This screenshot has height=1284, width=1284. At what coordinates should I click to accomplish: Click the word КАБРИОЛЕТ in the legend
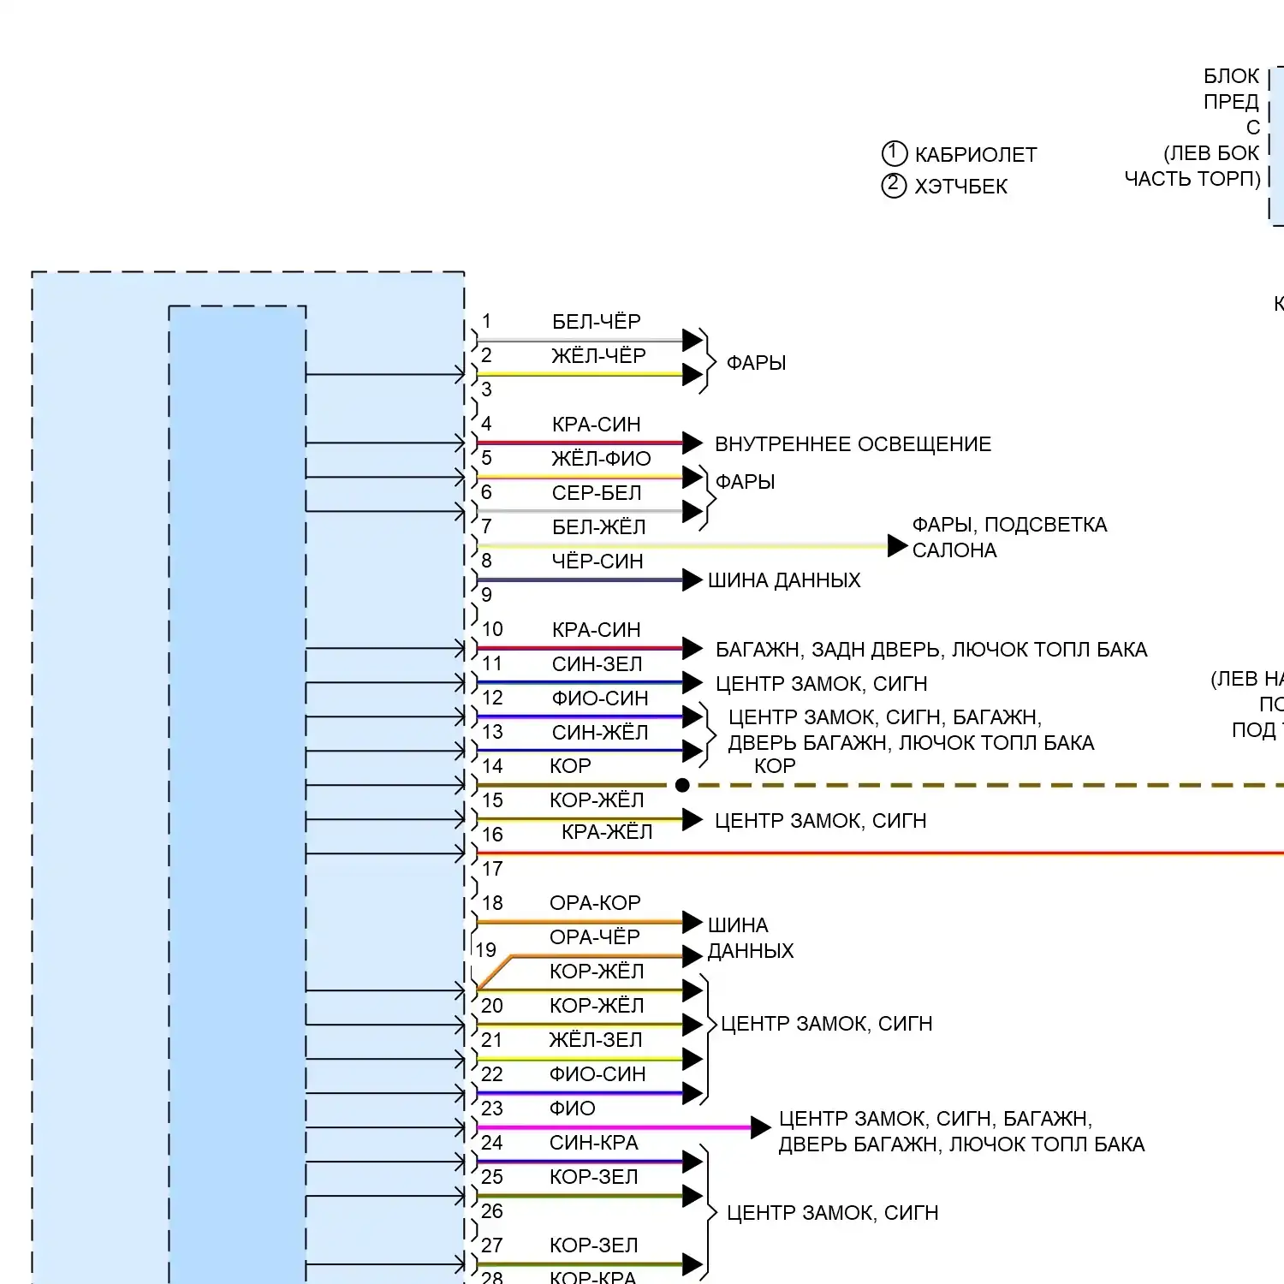976,155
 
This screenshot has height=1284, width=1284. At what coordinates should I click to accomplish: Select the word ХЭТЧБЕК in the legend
961,187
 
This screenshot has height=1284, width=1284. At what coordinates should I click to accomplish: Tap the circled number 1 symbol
894,153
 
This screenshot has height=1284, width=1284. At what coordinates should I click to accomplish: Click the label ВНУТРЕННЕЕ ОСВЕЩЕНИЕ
853,444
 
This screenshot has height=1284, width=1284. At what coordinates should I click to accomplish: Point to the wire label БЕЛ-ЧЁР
597,322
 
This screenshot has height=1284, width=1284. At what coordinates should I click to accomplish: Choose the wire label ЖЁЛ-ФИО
601,459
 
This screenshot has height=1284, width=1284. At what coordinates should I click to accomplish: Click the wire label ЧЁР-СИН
597,562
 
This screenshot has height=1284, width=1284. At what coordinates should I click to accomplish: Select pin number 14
492,766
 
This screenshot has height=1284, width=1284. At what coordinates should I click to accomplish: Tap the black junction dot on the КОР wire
682,785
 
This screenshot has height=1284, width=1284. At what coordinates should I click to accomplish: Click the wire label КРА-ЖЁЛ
607,832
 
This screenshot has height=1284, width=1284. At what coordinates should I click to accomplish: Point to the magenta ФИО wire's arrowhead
761,1127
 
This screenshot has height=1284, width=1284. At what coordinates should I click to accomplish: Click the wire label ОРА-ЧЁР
595,937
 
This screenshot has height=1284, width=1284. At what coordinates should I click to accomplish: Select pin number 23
492,1109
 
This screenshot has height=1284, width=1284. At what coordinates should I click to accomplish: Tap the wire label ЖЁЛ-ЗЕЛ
596,1040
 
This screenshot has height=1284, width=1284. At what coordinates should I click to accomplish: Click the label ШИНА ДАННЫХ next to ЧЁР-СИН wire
784,580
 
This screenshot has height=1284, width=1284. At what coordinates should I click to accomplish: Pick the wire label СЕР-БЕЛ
597,493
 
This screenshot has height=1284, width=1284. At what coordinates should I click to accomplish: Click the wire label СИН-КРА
594,1143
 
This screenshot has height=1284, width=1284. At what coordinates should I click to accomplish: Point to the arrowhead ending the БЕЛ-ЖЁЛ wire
898,545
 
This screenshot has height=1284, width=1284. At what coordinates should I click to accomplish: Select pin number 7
486,526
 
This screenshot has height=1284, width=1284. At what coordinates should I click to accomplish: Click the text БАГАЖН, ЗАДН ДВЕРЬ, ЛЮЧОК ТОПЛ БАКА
931,650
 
